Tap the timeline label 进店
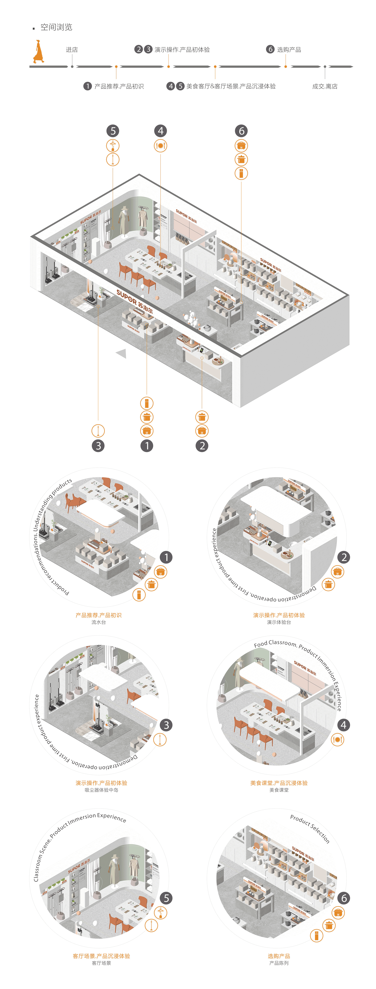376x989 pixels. [72, 50]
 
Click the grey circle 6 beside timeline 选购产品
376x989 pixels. [270, 49]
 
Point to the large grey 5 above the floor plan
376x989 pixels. [113, 131]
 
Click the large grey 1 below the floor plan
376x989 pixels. [147, 446]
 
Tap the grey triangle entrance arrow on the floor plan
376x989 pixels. [122, 353]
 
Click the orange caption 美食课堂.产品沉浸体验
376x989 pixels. [279, 783]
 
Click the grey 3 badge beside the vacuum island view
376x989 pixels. [166, 725]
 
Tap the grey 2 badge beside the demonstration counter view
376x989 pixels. [344, 557]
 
